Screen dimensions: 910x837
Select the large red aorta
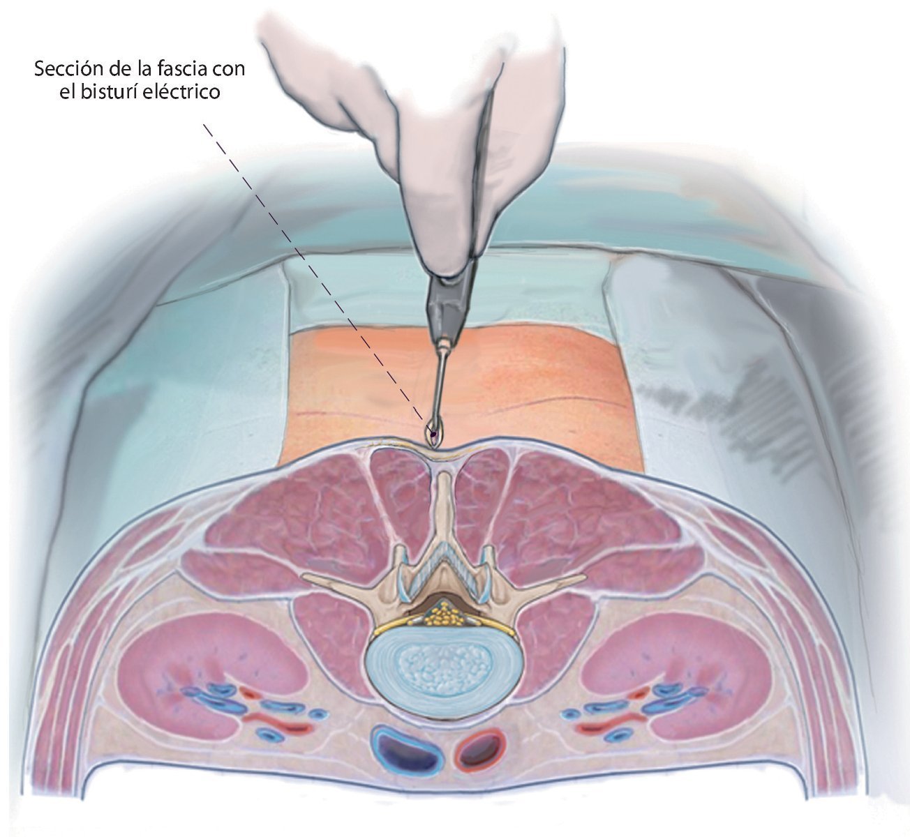[x=480, y=749]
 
